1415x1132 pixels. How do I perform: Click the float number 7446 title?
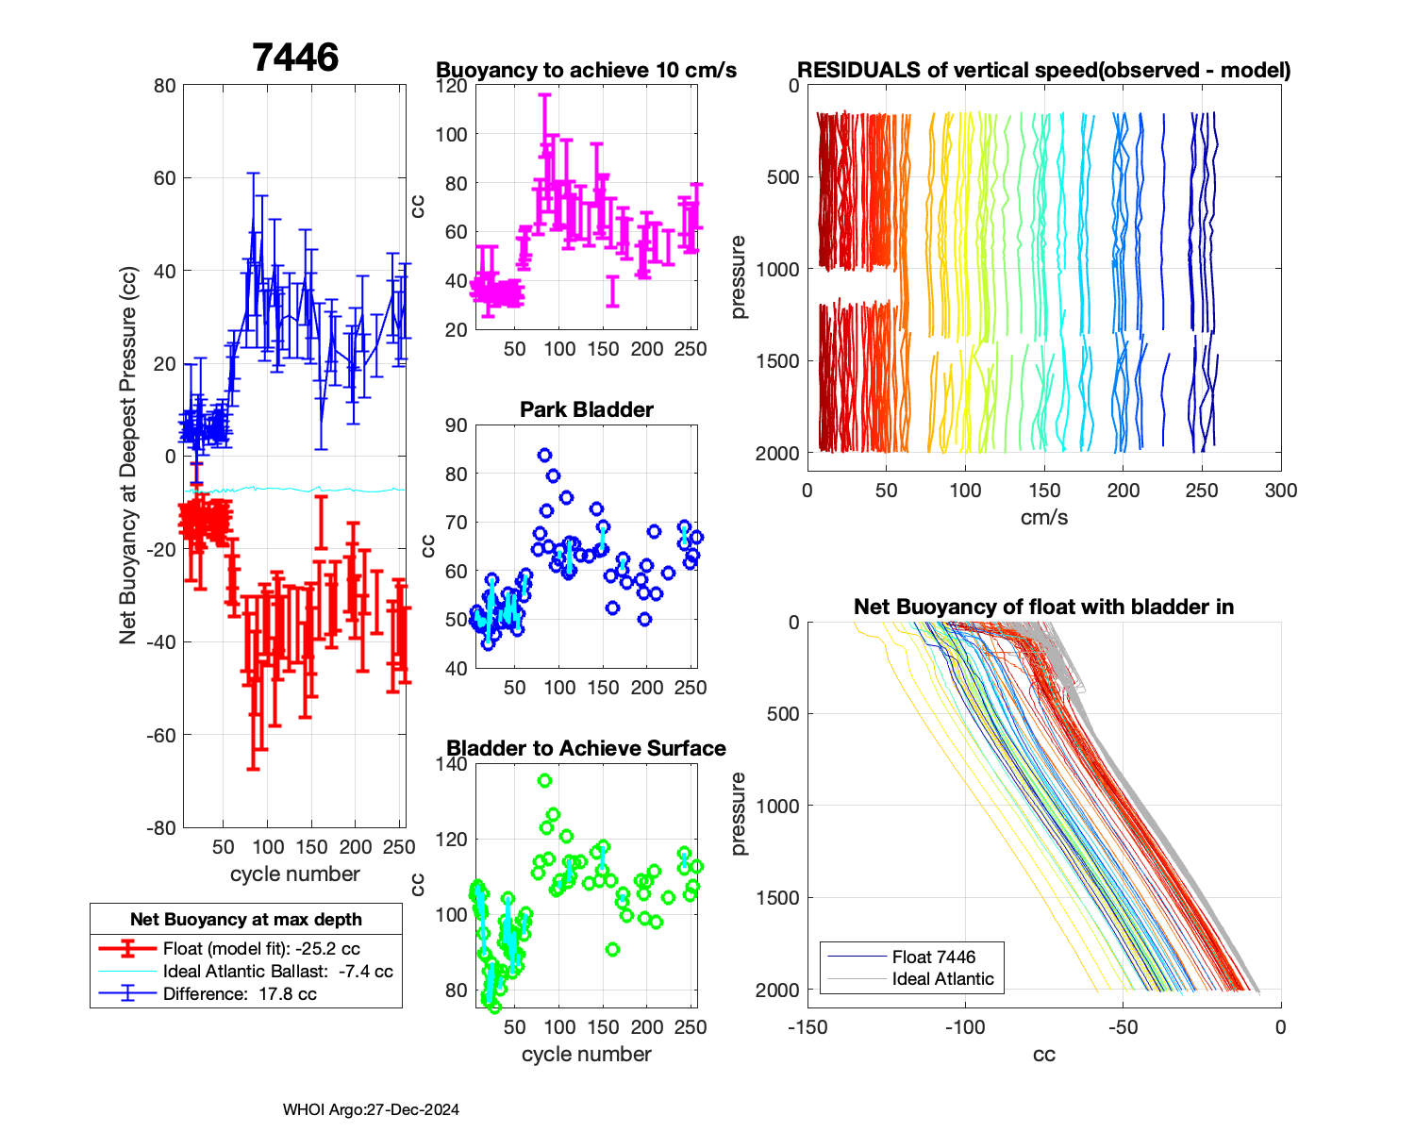(295, 58)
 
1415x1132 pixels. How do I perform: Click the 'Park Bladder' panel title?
(587, 409)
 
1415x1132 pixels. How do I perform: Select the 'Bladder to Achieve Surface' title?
(586, 748)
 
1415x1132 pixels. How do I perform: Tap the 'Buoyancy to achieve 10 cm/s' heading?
(586, 70)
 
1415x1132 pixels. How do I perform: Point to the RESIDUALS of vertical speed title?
(1044, 70)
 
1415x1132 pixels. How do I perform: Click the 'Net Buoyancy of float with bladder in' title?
(1044, 607)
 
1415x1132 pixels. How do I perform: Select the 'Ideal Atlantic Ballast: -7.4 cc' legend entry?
(277, 972)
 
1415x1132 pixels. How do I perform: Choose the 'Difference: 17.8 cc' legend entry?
(240, 994)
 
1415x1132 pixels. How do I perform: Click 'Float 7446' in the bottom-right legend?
(934, 957)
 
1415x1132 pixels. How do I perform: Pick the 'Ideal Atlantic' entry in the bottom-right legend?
(942, 979)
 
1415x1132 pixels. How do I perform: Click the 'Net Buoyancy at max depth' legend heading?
(246, 920)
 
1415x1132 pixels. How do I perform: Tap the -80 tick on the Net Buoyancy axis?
(163, 828)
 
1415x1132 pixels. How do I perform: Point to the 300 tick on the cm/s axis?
(1281, 491)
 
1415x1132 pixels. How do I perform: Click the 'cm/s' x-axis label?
(1044, 518)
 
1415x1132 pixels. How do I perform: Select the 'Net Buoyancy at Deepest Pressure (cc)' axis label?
(128, 457)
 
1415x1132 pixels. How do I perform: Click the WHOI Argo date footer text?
(371, 1110)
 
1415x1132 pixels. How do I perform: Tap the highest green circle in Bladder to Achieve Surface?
(544, 781)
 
